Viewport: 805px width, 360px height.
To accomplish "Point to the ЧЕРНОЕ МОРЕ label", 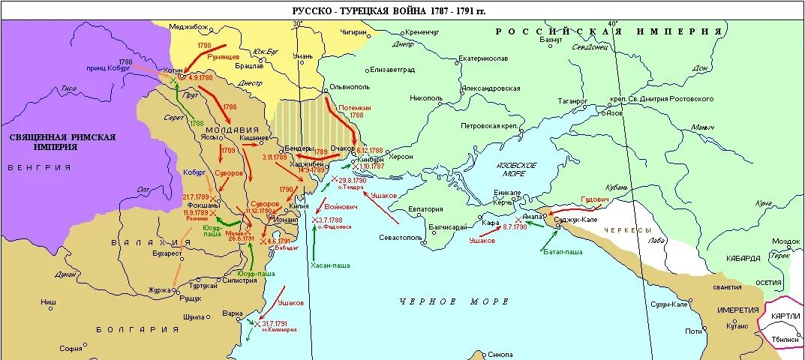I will click(x=454, y=301).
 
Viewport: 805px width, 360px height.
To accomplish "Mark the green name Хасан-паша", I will click(x=330, y=265).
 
